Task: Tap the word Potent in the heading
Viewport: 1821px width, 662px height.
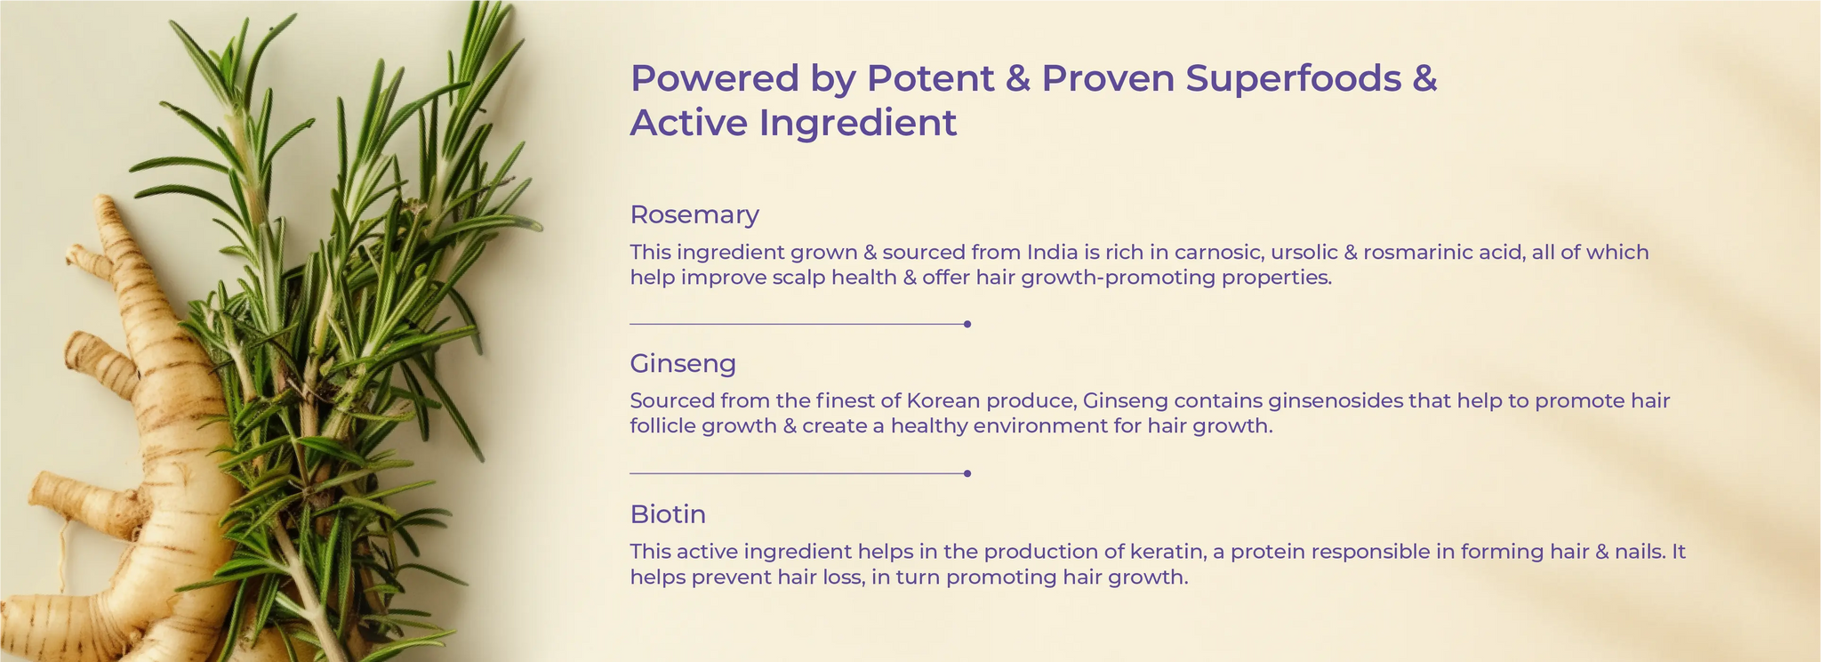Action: click(x=931, y=79)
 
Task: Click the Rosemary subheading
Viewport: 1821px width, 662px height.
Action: click(x=694, y=215)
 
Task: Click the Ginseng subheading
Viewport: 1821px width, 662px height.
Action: click(x=683, y=364)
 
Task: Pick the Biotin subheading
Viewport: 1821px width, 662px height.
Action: click(x=668, y=514)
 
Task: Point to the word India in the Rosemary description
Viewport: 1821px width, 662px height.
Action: click(x=1052, y=252)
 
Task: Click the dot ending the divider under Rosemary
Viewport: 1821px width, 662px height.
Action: click(x=967, y=325)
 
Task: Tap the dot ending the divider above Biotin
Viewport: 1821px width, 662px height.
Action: click(x=967, y=473)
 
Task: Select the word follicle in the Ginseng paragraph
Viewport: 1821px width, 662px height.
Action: click(x=662, y=426)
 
